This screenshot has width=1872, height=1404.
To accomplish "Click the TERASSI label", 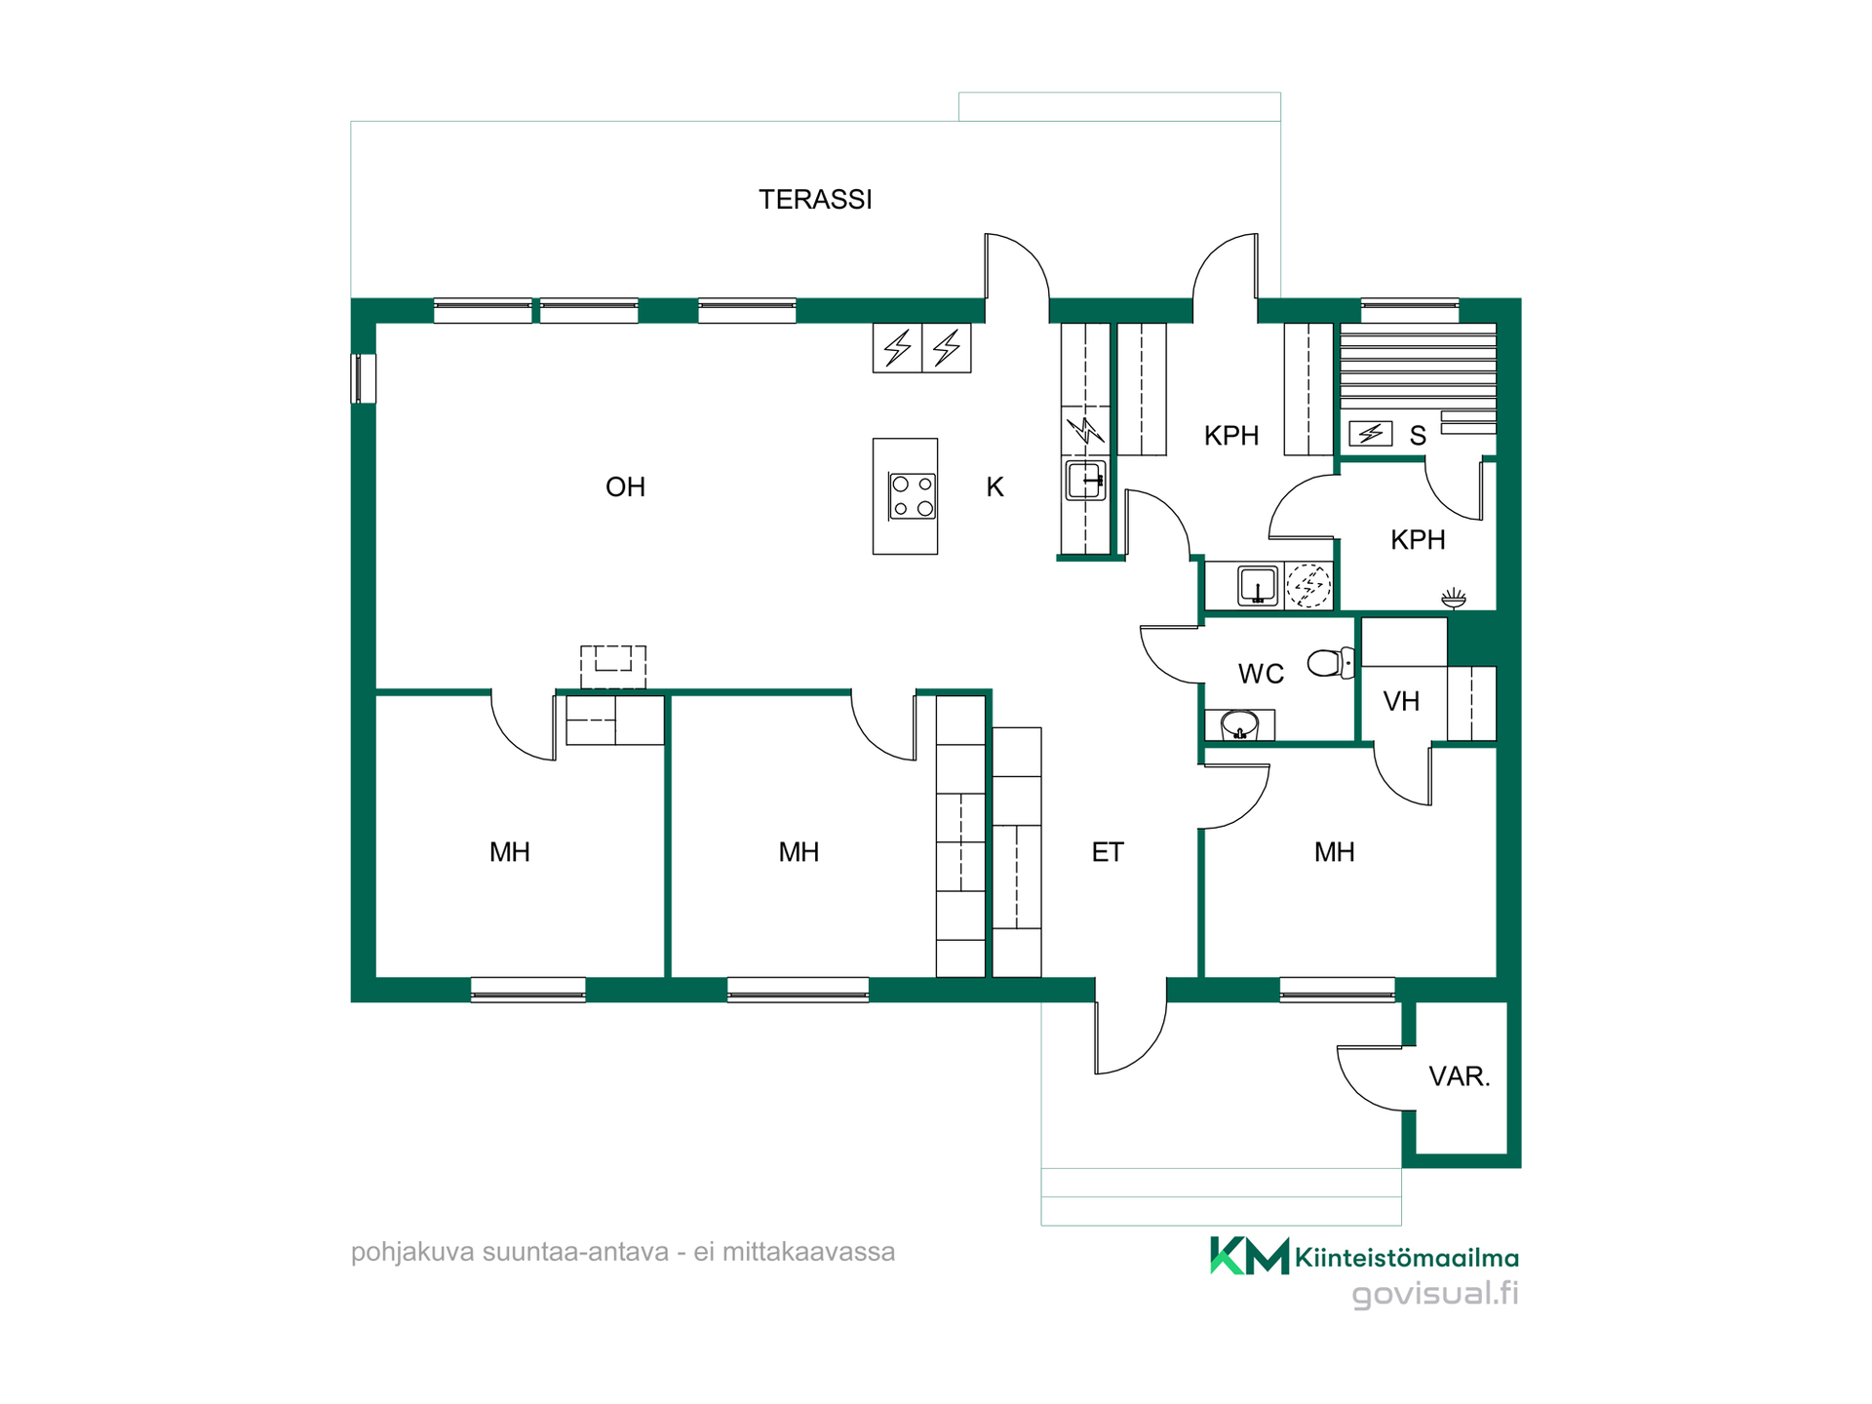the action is click(815, 200).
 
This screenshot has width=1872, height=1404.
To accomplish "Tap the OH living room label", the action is click(625, 487).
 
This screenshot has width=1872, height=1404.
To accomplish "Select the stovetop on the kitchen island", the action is click(913, 496).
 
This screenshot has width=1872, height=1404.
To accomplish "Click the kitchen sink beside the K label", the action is click(1085, 481).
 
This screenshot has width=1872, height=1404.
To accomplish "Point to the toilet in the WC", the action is click(1330, 663).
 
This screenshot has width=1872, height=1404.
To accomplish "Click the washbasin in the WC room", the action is click(1239, 725).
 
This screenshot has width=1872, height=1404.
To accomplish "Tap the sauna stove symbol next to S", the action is click(1370, 433).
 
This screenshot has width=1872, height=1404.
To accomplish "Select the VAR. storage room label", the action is click(1460, 1076).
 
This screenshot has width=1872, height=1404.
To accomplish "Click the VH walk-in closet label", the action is click(1401, 701).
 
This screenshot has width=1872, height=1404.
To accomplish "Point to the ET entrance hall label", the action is click(1108, 852).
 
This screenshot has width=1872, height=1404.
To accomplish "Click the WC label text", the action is click(1261, 674).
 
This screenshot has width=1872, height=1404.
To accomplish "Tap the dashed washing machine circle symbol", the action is click(1308, 586).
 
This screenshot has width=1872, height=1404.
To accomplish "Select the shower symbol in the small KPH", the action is click(1454, 598).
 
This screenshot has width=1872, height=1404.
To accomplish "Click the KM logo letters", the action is click(1250, 1256).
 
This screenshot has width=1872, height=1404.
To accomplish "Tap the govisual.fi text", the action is click(1435, 1294).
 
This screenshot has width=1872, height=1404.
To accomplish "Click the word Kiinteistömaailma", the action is click(1407, 1258).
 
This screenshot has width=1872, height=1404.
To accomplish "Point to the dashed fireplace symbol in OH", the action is click(613, 668).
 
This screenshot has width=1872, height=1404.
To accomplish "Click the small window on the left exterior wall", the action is click(363, 378).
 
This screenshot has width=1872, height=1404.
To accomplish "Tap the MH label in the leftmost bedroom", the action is click(510, 852).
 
